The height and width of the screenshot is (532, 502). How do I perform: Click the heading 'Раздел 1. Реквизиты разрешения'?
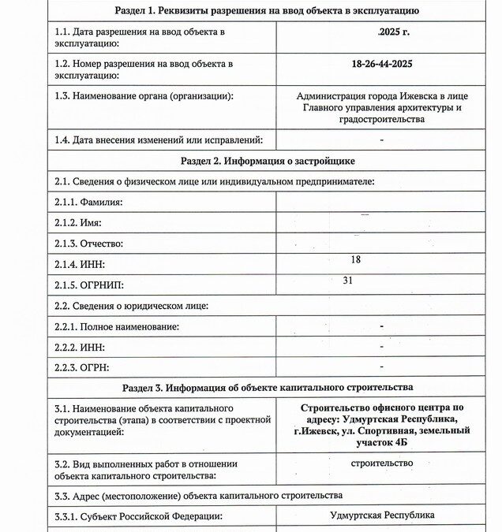click(267, 10)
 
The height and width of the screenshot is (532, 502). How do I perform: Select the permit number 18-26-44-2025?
click(381, 63)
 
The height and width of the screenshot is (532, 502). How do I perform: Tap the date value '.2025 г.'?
click(382, 32)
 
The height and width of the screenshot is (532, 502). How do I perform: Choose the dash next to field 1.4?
click(381, 140)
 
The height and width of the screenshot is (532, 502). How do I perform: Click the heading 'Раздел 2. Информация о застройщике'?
click(268, 161)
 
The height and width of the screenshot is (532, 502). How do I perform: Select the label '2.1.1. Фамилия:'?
click(88, 203)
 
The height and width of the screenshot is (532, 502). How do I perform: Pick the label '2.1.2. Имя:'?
click(78, 224)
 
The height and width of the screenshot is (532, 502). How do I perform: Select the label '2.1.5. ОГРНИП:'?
click(90, 285)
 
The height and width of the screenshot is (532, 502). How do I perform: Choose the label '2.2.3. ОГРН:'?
click(82, 367)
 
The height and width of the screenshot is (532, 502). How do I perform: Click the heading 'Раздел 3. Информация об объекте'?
click(267, 388)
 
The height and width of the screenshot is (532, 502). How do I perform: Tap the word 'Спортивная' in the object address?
click(396, 430)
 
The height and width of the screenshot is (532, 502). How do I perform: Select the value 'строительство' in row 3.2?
click(381, 463)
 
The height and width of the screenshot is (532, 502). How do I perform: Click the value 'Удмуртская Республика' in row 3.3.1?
click(382, 515)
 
